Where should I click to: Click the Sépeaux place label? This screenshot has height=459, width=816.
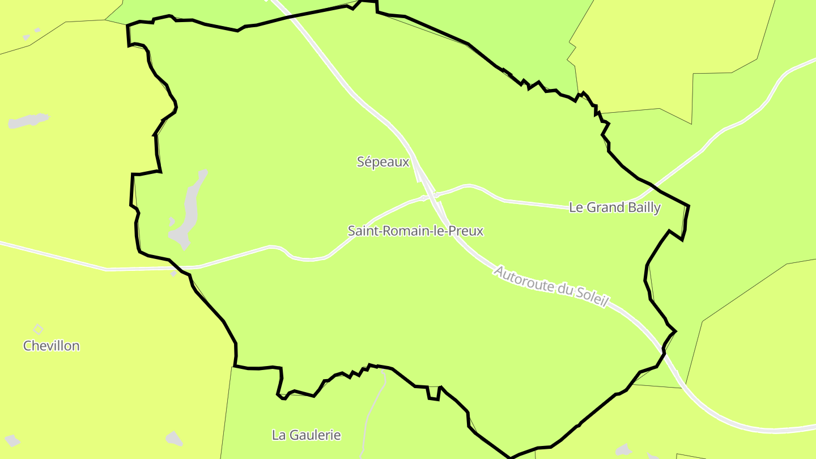[382, 162]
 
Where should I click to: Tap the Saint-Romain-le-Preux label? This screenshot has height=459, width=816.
[415, 231]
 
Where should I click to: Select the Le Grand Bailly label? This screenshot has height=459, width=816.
[615, 207]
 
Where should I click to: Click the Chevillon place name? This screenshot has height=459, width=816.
[51, 346]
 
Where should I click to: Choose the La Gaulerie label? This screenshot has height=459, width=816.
[306, 435]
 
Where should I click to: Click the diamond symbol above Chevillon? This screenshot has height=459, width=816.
[38, 329]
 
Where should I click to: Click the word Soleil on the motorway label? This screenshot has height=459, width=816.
[591, 296]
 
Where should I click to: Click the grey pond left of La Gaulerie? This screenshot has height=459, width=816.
[174, 437]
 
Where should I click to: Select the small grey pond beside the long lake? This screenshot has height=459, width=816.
[172, 222]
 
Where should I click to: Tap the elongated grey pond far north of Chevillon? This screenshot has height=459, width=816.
[28, 121]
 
